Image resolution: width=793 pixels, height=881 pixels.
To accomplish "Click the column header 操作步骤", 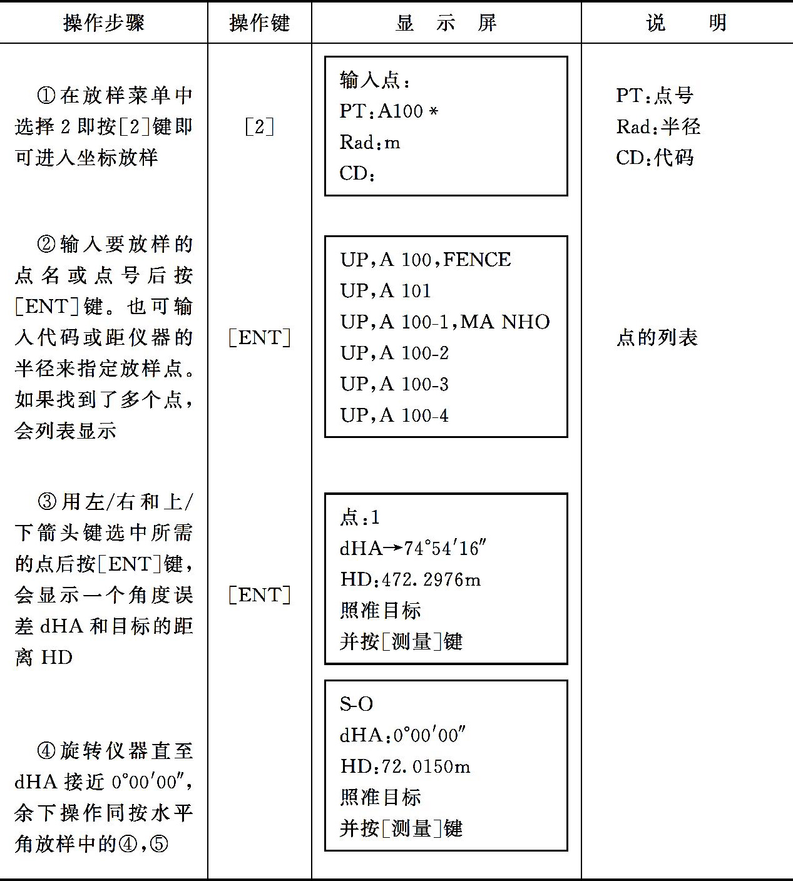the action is pos(104,23).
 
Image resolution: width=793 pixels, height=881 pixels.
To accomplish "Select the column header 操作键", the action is pos(260,23).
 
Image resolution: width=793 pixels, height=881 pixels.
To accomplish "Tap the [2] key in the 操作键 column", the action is pos(259,128).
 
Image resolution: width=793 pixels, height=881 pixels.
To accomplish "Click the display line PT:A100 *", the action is pos(389,111).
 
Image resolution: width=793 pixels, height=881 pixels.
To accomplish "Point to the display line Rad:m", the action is pos(370,142).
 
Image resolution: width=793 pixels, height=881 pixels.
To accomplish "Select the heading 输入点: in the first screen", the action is pos(375,80).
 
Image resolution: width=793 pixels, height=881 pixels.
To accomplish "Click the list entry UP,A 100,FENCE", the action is pos(425,260).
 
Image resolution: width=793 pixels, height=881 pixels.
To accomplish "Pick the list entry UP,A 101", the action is pos(386,291).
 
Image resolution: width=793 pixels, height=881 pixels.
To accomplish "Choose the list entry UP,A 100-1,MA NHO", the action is pos(444,322).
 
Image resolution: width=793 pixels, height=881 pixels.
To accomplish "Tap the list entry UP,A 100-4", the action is pos(394,415).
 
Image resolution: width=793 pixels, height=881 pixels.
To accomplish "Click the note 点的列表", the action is pos(657,338).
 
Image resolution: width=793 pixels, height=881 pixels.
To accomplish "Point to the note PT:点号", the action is pos(655,96).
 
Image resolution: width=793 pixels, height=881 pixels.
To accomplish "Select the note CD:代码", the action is pos(655,158).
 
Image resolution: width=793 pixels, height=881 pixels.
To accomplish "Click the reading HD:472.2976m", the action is pos(411,580).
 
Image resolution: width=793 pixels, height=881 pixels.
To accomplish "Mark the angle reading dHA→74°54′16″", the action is pos(413,549).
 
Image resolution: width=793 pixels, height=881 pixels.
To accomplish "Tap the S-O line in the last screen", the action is pos(356,704).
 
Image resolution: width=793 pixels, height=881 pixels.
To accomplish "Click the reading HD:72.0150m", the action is pos(405,766).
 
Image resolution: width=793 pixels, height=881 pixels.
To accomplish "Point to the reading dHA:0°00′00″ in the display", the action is pos(402,735).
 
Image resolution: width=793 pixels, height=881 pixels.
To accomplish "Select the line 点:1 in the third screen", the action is pos(359,517).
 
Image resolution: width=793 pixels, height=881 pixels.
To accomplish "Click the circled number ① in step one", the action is pos(46,96).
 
